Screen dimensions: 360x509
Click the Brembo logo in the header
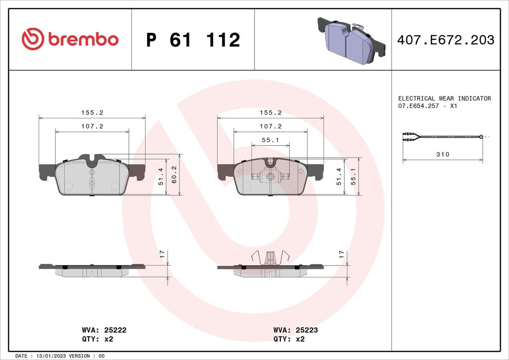pos(70,39)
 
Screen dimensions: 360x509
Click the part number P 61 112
pos(193,40)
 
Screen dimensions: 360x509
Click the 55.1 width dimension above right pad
pos(270,141)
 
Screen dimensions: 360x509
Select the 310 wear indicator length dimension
pos(442,155)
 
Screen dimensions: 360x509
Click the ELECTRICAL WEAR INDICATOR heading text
pos(444,98)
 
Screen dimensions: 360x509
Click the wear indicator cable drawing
pos(442,138)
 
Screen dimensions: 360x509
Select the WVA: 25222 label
pos(103,330)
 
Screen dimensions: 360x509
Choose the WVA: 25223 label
pos(295,330)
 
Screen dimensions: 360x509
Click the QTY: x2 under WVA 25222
pos(97,339)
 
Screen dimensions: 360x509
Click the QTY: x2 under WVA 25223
pos(289,339)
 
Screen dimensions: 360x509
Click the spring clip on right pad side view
pos(270,258)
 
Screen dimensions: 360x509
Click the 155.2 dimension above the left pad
pos(92,113)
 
